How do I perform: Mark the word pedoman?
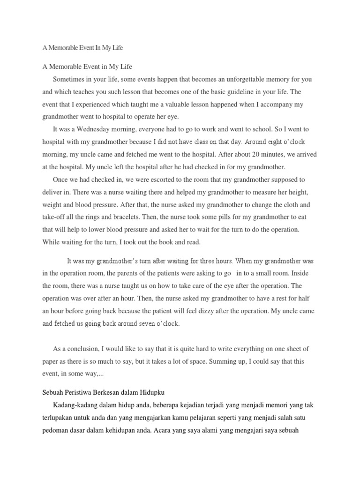(x=56, y=429)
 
